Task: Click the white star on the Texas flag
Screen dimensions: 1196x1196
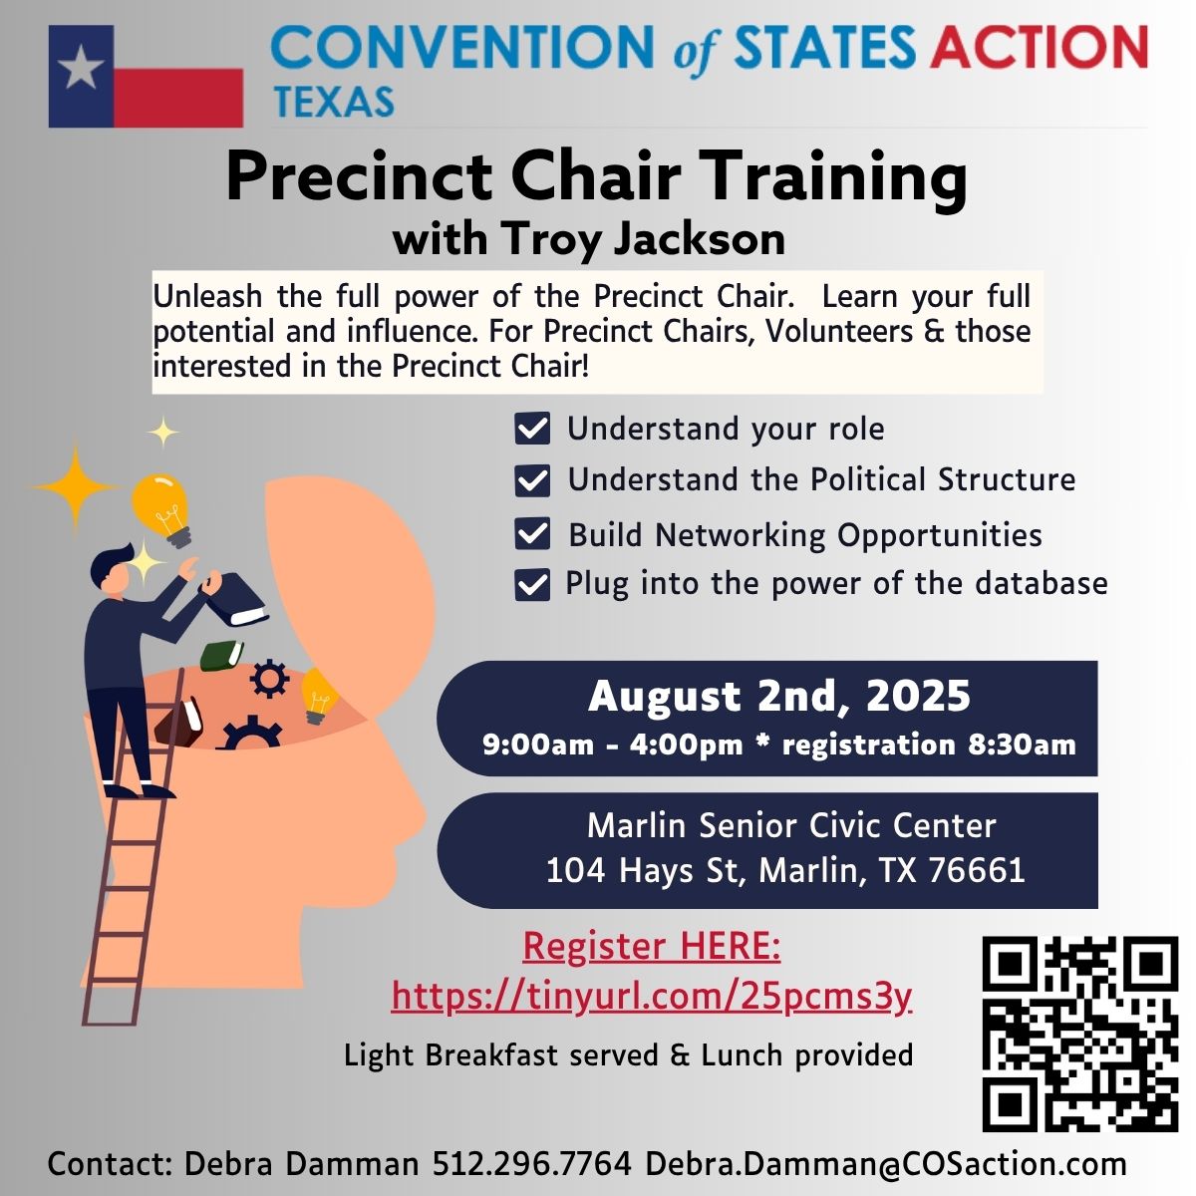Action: [82, 66]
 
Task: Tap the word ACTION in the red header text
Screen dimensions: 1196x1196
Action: [1040, 47]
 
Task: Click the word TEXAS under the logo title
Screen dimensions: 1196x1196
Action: [335, 102]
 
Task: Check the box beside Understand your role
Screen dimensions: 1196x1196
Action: [532, 429]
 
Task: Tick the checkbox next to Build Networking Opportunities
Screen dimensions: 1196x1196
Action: [532, 534]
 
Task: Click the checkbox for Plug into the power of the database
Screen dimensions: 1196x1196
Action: [532, 585]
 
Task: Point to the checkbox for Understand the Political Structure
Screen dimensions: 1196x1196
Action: [532, 480]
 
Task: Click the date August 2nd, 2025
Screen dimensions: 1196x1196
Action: [779, 697]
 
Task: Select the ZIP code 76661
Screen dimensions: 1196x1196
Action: [977, 870]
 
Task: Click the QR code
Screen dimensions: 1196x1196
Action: [1080, 1034]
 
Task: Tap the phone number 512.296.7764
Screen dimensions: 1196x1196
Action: [532, 1163]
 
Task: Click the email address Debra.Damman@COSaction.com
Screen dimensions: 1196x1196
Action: [886, 1164]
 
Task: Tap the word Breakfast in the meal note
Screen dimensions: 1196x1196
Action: [491, 1054]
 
